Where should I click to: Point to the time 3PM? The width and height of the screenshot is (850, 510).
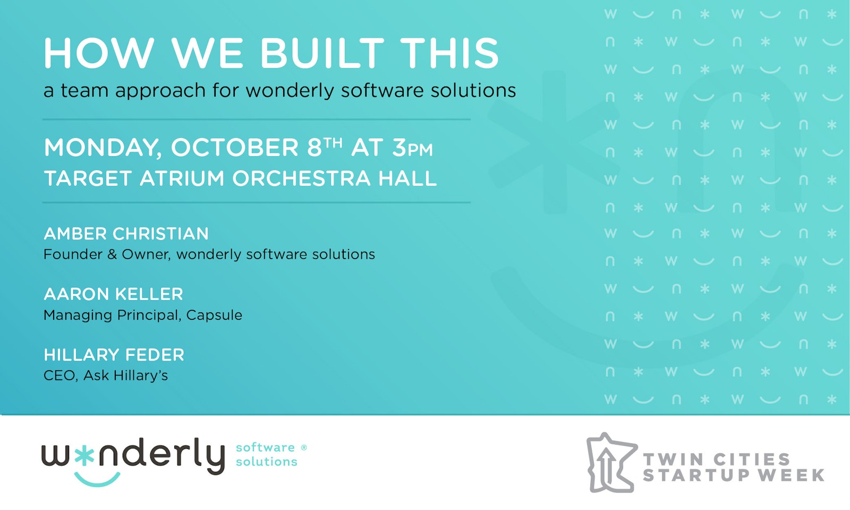[412, 148]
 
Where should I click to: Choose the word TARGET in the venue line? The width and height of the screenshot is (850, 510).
[88, 178]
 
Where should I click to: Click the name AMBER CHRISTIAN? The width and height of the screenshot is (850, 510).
[126, 234]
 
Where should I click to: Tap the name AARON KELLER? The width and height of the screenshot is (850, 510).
[114, 294]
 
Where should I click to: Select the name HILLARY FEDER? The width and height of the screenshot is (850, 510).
[114, 355]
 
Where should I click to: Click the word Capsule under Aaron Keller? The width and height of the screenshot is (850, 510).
[214, 315]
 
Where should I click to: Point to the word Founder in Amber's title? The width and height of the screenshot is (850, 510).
[73, 254]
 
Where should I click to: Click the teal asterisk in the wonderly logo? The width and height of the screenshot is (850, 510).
[84, 456]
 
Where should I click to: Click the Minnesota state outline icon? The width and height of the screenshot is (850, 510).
[611, 463]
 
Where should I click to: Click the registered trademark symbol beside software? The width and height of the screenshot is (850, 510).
[303, 448]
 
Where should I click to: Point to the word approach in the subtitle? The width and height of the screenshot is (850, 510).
[160, 91]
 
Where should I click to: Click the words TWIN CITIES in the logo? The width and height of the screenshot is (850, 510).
[717, 460]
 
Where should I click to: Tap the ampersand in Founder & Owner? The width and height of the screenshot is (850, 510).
[112, 254]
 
